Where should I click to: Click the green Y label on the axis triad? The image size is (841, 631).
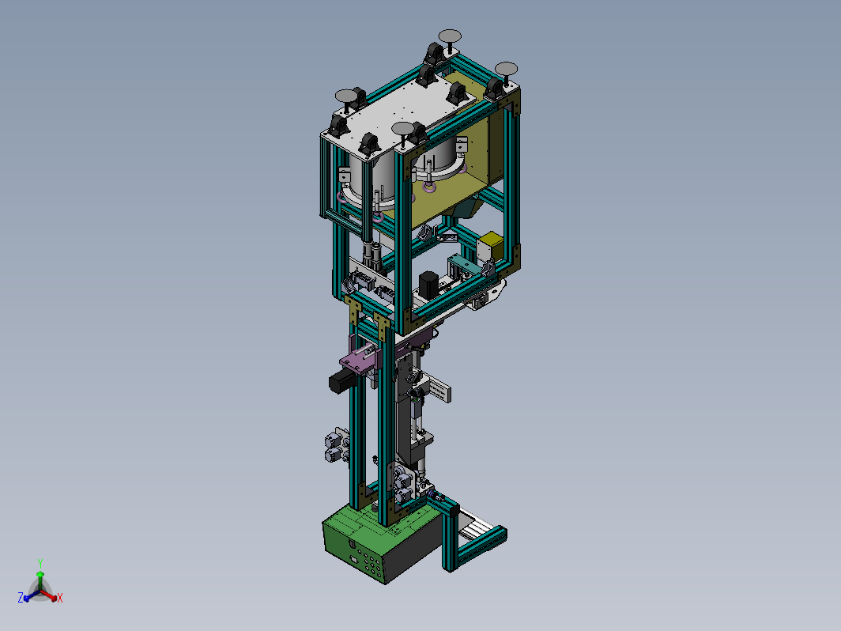40,563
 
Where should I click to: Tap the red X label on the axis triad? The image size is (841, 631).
60,598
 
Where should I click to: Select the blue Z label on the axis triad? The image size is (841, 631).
21,597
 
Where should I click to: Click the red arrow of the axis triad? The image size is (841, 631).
48,595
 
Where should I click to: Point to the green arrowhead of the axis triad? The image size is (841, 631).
40,575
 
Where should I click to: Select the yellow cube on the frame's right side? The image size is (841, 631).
490,246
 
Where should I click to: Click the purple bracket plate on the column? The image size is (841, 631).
360,358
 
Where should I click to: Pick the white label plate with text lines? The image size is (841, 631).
439,389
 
